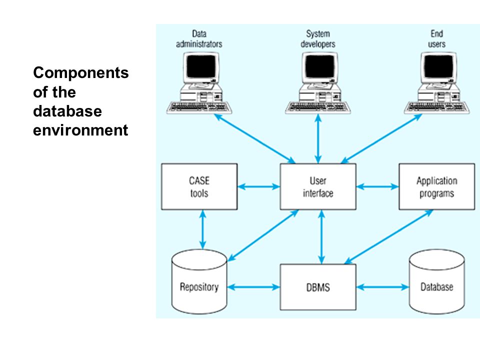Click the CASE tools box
199,186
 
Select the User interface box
318,186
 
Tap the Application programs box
437,186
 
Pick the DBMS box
318,287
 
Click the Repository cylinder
199,281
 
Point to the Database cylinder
437,281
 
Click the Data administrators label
199,39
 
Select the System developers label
318,39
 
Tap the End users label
437,39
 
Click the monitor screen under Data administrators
201,66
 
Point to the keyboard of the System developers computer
318,107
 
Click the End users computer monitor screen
438,66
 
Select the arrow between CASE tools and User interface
258,186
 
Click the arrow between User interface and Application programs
377,186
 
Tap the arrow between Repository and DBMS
253,287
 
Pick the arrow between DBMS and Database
382,287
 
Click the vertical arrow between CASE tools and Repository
202,229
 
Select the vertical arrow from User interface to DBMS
321,237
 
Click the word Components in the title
81,73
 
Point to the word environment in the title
80,130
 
